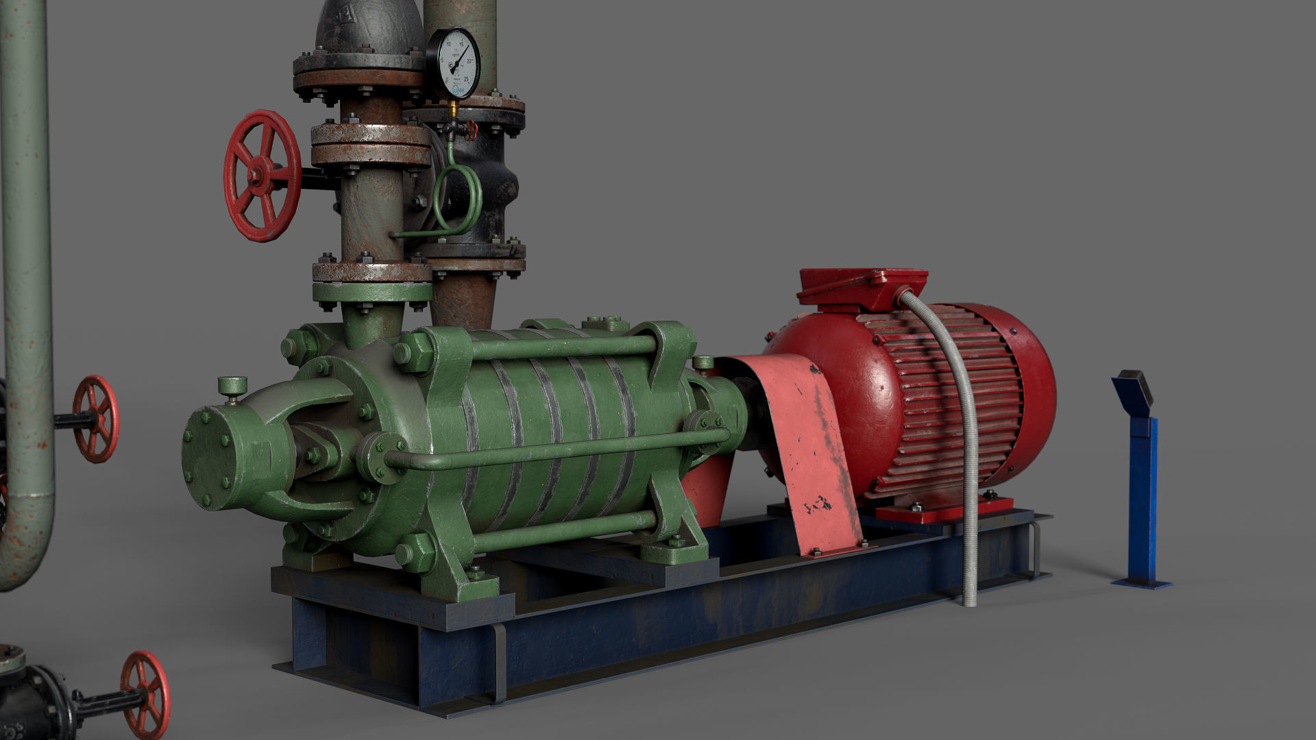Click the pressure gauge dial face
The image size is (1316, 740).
453,63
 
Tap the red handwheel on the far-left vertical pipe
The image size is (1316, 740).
96,419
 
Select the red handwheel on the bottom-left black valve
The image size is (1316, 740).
145,694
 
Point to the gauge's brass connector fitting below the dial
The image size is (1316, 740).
453,110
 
